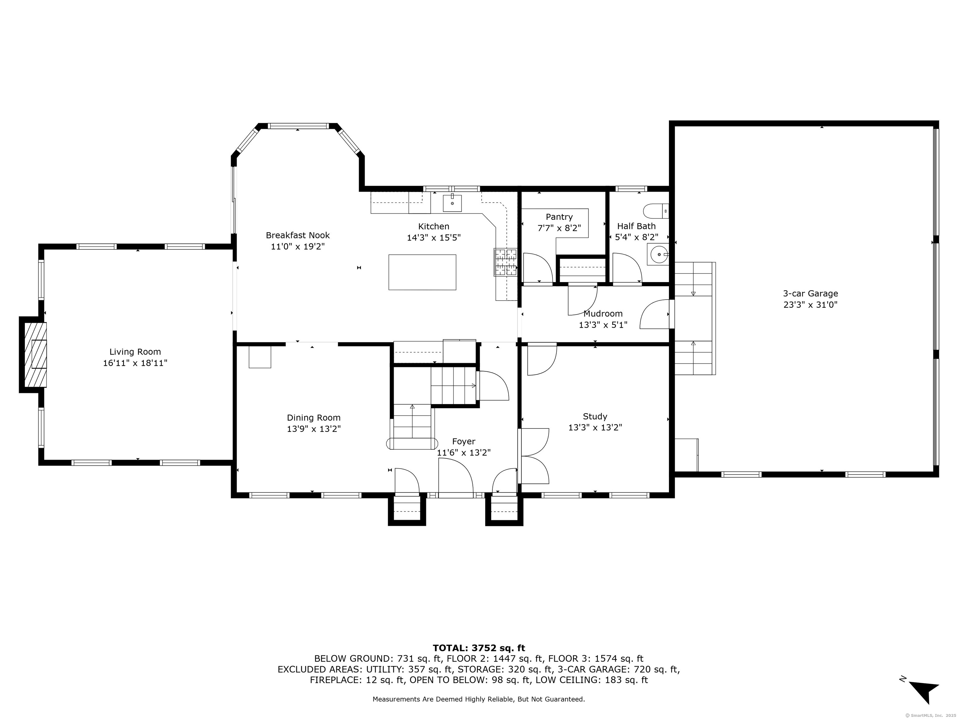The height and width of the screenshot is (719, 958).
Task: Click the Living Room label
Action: point(135,352)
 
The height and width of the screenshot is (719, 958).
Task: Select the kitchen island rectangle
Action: point(422,272)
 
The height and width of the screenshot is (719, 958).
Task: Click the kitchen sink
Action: point(452,203)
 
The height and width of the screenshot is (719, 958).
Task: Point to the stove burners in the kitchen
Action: point(506,262)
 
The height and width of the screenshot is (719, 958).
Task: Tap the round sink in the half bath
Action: point(658,254)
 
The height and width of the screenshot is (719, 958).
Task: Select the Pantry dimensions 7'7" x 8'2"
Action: point(559,228)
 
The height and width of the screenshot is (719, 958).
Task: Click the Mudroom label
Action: point(603,313)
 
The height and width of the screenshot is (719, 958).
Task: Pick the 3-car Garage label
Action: point(810,293)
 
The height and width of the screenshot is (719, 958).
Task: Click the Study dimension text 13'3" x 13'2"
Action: point(595,427)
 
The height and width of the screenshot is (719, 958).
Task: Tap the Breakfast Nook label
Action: point(298,235)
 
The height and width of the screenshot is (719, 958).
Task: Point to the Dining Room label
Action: point(313,418)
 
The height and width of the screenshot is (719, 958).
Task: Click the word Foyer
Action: point(463,442)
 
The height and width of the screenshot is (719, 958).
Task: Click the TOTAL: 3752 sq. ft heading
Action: point(479,648)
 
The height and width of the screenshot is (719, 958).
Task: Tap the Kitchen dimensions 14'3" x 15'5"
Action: point(433,237)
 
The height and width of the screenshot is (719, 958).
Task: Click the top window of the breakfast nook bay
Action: point(298,126)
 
